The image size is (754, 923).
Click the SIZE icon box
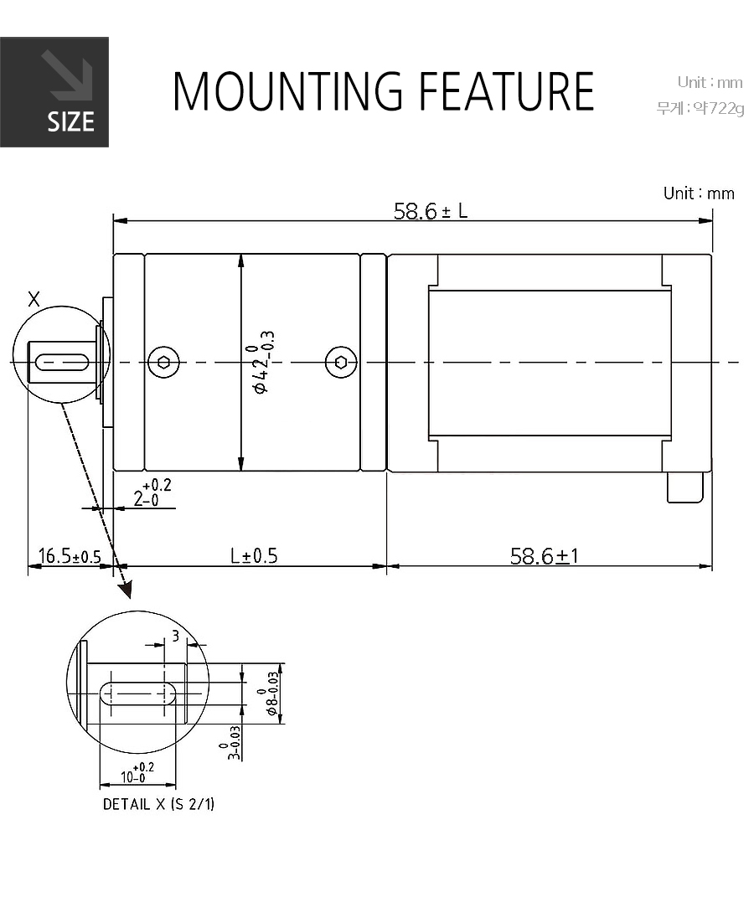click(x=54, y=92)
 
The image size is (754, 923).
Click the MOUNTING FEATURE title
click(x=383, y=91)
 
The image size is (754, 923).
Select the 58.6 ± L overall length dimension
click(x=431, y=211)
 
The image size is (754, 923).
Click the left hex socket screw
click(x=164, y=362)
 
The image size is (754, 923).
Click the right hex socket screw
click(x=341, y=362)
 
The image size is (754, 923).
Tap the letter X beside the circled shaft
click(x=34, y=299)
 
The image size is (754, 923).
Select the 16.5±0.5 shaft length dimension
click(x=70, y=555)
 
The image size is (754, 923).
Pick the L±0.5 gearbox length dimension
click(x=254, y=555)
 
